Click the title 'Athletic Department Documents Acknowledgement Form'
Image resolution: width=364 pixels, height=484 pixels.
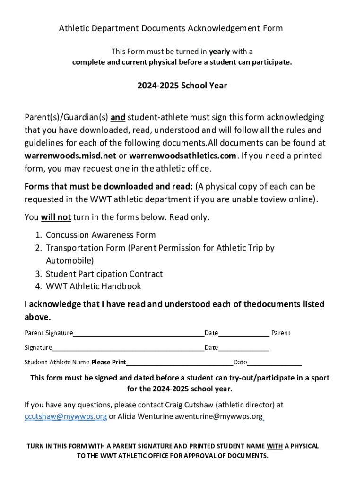pos(171,28)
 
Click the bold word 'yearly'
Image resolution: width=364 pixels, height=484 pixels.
pos(219,51)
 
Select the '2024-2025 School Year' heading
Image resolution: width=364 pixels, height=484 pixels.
pos(182,86)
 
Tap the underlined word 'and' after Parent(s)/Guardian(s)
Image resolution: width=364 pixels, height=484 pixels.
pos(118,117)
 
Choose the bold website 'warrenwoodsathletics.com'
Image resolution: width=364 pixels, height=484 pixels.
pos(182,156)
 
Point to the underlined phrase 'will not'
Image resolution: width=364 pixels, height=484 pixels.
pos(56,217)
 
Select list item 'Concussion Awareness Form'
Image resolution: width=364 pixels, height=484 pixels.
pos(101,235)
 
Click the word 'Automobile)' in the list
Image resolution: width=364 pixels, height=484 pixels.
pos(69,260)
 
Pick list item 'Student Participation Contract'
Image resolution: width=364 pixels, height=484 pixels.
pos(104,274)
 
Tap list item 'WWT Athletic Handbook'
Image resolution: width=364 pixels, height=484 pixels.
pos(93,286)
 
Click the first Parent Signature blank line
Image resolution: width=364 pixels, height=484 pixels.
pos(139,334)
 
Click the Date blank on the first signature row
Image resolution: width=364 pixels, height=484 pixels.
pos(243,334)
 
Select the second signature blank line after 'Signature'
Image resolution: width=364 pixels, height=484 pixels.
pos(128,348)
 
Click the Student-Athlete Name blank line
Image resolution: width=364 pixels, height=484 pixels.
pos(180,363)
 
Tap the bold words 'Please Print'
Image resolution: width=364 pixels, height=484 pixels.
pos(108,363)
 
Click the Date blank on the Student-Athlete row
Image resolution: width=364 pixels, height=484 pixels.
pos(274,363)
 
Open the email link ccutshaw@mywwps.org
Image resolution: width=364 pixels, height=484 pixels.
pos(65,416)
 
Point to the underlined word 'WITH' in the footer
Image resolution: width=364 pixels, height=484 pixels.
pos(275,446)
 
